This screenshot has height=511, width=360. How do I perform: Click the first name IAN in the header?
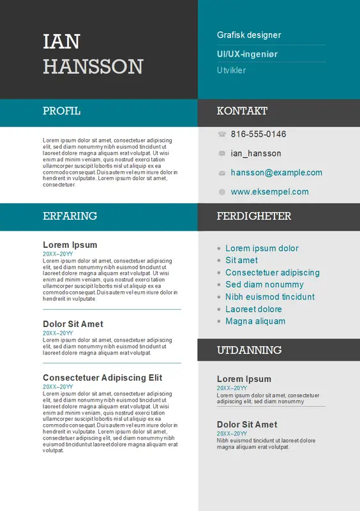(x=61, y=42)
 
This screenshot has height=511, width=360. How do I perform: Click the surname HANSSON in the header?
(x=93, y=66)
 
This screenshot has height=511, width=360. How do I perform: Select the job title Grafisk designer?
(x=249, y=35)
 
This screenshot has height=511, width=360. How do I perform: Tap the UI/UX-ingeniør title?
(x=247, y=55)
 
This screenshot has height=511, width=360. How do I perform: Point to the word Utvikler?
(x=231, y=70)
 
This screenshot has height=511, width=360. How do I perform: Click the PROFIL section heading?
(x=61, y=111)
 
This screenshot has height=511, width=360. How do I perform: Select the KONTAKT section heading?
(x=242, y=111)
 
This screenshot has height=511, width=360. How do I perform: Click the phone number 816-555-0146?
(x=259, y=134)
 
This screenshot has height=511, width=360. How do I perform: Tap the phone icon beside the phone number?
(x=221, y=134)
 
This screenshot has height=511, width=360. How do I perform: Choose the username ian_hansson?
(x=256, y=153)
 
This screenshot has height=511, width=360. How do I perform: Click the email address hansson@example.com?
(x=276, y=172)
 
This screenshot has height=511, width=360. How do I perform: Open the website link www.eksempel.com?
(x=269, y=192)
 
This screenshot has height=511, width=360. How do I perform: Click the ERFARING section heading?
(x=70, y=216)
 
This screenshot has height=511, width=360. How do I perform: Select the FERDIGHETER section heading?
(x=253, y=216)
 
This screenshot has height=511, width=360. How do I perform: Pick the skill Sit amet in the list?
(x=241, y=260)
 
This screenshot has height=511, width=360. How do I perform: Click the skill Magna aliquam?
(x=255, y=321)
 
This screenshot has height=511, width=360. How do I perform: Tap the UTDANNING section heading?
(x=249, y=350)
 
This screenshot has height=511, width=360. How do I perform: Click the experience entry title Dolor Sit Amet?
(x=73, y=324)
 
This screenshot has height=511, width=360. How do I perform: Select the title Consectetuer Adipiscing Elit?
(x=102, y=378)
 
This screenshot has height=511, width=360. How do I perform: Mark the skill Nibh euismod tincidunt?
(x=270, y=297)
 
